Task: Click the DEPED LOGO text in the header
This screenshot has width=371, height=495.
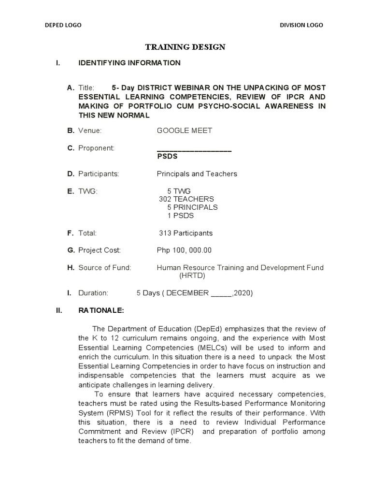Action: coord(63,25)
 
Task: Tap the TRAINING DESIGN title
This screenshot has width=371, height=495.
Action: coord(186,47)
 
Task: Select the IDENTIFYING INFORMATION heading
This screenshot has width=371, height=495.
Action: coord(129,63)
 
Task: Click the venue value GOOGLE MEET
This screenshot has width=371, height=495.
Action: coord(185,131)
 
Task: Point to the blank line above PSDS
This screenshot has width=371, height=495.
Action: coord(195,150)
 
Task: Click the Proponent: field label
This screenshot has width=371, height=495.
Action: coord(96,148)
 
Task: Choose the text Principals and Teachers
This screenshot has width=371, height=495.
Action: coord(197,174)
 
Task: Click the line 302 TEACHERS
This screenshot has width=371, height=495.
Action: coord(186,199)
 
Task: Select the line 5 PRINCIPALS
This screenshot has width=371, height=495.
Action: coord(192,207)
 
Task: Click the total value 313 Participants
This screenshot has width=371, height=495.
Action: coord(186,233)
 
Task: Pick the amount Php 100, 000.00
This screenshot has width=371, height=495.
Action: coord(184,250)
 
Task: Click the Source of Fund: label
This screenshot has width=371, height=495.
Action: coord(104,268)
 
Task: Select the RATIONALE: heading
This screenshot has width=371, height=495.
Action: coord(101,310)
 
